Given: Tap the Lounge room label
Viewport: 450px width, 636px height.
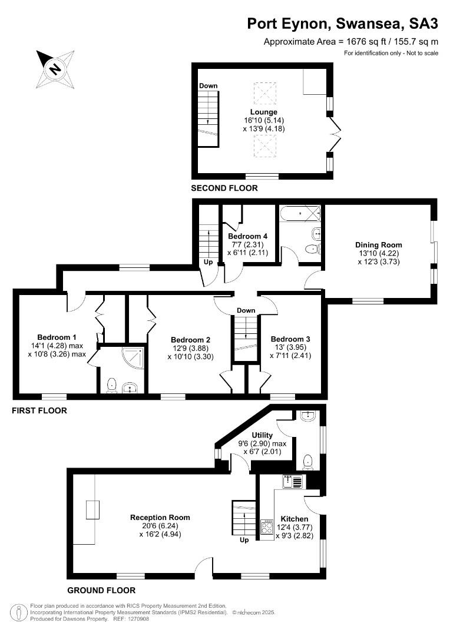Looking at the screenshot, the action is tap(264, 112).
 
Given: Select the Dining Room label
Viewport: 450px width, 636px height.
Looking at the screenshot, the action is tap(379, 244).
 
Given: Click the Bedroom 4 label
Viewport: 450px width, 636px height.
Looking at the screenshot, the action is tap(247, 236).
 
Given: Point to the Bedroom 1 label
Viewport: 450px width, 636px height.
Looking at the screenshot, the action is tap(57, 337).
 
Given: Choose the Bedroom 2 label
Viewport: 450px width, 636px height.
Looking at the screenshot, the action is tap(190, 340).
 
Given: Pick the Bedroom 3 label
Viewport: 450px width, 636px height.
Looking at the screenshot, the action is tap(290, 339).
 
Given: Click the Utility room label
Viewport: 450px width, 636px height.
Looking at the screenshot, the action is tap(262, 435).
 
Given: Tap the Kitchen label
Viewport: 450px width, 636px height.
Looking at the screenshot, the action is tap(295, 519).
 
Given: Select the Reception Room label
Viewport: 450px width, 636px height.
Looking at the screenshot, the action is tap(160, 517).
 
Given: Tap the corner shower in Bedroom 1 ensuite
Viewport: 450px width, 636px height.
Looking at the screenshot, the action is tap(133, 357).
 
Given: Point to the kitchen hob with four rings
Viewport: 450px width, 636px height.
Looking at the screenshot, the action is tap(267, 528).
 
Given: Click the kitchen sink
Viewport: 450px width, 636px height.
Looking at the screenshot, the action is tap(293, 482).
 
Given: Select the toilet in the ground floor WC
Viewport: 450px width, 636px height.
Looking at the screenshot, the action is tap(308, 462).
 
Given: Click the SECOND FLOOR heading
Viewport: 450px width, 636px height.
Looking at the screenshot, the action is tap(224, 188).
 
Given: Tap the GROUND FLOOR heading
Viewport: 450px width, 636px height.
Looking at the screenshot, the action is tap(101, 590).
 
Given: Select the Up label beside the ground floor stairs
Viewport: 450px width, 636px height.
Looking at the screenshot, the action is tap(244, 540).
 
